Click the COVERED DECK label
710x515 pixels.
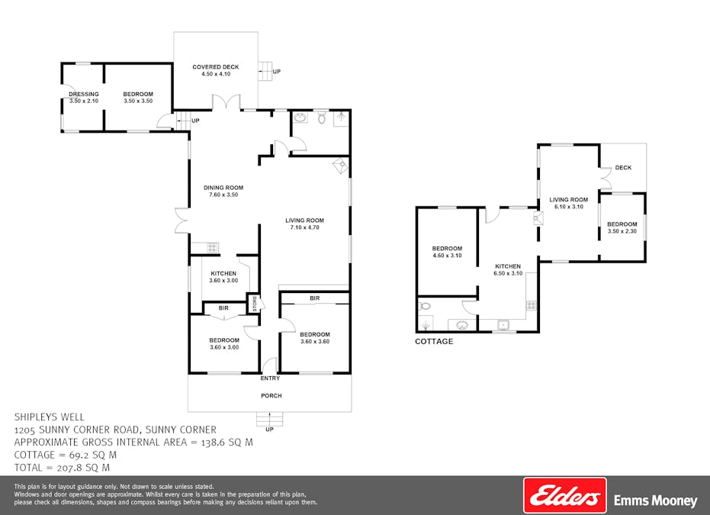click(x=215, y=67)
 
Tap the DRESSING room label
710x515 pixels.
click(x=84, y=95)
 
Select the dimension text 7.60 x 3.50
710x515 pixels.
click(x=223, y=195)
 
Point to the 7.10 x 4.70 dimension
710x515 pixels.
click(x=305, y=228)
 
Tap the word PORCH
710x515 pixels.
click(x=271, y=395)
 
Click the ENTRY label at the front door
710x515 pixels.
click(x=270, y=378)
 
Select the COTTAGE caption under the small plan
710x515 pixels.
click(x=434, y=342)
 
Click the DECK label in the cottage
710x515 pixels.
click(x=623, y=168)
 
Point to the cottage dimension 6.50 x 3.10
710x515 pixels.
click(x=507, y=273)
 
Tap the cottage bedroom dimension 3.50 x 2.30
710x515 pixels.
click(x=622, y=230)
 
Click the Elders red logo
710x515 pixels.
click(x=564, y=496)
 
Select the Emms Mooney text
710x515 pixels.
click(x=655, y=501)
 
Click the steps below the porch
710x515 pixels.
click(x=269, y=419)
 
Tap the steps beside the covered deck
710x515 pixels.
click(x=265, y=71)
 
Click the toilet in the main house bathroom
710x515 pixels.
click(x=321, y=118)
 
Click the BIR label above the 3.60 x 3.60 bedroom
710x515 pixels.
click(x=314, y=298)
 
